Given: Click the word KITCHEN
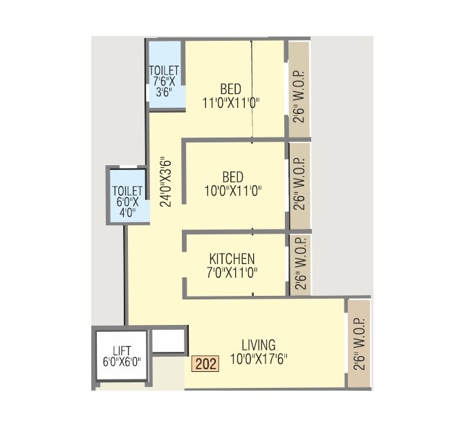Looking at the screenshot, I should click(232, 259).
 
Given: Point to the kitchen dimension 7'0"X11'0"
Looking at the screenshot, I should click(232, 272).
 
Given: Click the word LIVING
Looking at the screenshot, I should click(259, 345).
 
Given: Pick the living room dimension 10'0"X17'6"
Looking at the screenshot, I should click(259, 359).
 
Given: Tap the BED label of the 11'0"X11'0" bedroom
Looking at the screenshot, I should click(231, 90).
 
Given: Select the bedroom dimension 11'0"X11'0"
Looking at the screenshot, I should click(231, 104).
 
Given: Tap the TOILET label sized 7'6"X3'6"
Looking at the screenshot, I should click(164, 71).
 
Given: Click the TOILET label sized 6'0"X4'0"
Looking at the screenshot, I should click(127, 191).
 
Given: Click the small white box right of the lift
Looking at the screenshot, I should click(169, 340).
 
